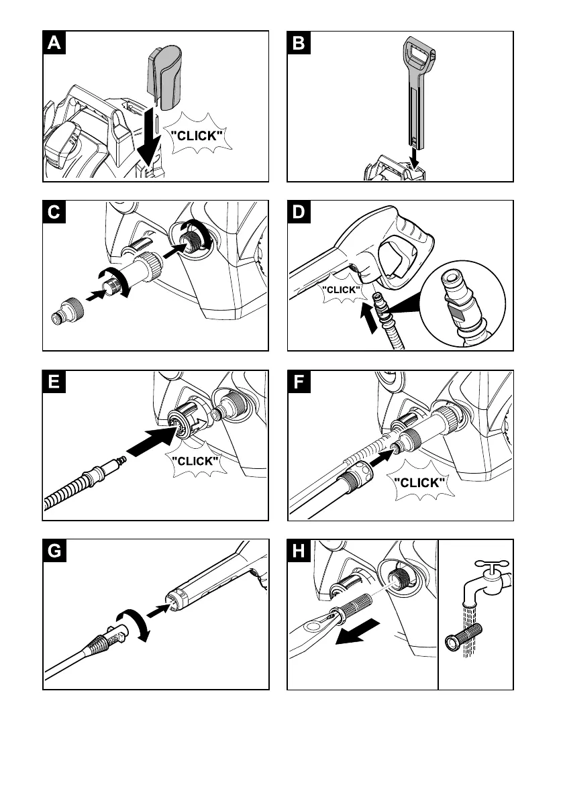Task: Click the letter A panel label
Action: pyautogui.click(x=54, y=44)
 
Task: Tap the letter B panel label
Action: pyautogui.click(x=299, y=44)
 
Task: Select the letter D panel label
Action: pyautogui.click(x=299, y=213)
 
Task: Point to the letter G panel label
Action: pyautogui.click(x=55, y=552)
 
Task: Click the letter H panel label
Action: pyautogui.click(x=299, y=552)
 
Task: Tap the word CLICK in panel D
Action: pyautogui.click(x=342, y=289)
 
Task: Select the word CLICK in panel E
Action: pyautogui.click(x=195, y=461)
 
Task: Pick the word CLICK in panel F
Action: pyautogui.click(x=419, y=482)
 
